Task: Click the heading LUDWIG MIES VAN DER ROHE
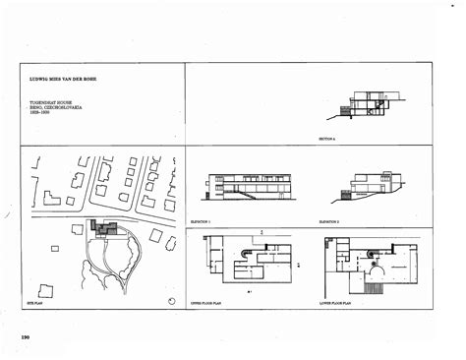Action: point(66,75)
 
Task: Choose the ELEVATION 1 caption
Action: point(201,223)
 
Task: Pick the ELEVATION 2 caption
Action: point(329,223)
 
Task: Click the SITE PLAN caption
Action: point(30,306)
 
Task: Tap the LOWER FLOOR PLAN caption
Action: point(340,306)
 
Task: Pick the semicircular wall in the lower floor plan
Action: point(371,253)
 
